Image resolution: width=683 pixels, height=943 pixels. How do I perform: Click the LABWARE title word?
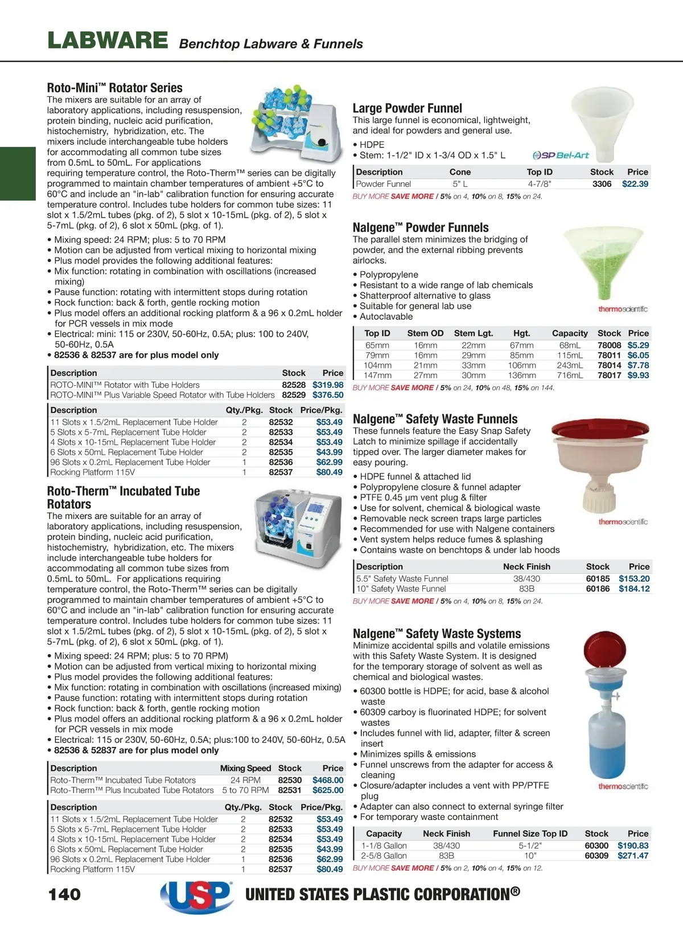click(108, 41)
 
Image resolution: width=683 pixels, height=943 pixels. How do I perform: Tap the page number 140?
click(65, 894)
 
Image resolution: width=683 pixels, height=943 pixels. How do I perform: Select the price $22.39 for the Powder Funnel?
click(635, 184)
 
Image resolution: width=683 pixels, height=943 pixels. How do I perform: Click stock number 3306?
click(602, 184)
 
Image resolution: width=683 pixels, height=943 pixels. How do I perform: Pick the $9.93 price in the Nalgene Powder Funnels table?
click(638, 375)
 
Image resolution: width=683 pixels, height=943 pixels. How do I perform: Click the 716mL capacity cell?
click(570, 375)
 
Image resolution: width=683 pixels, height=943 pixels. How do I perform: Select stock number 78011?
click(609, 356)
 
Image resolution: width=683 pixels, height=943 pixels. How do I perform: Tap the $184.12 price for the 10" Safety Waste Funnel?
click(634, 589)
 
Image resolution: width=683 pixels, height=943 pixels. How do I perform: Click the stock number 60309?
click(596, 856)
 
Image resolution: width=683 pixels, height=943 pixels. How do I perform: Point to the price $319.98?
click(328, 385)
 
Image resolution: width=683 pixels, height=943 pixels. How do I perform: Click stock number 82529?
click(294, 395)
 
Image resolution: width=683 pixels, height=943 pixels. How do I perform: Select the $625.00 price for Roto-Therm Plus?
click(328, 790)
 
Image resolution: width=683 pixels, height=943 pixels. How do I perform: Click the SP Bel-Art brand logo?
click(561, 155)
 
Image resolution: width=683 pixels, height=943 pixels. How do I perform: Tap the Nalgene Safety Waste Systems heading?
click(437, 634)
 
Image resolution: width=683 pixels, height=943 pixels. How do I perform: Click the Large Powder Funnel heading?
click(407, 108)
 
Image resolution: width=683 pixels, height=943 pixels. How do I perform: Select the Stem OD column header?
click(425, 333)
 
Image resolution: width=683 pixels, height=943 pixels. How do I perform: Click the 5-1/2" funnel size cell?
click(530, 846)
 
